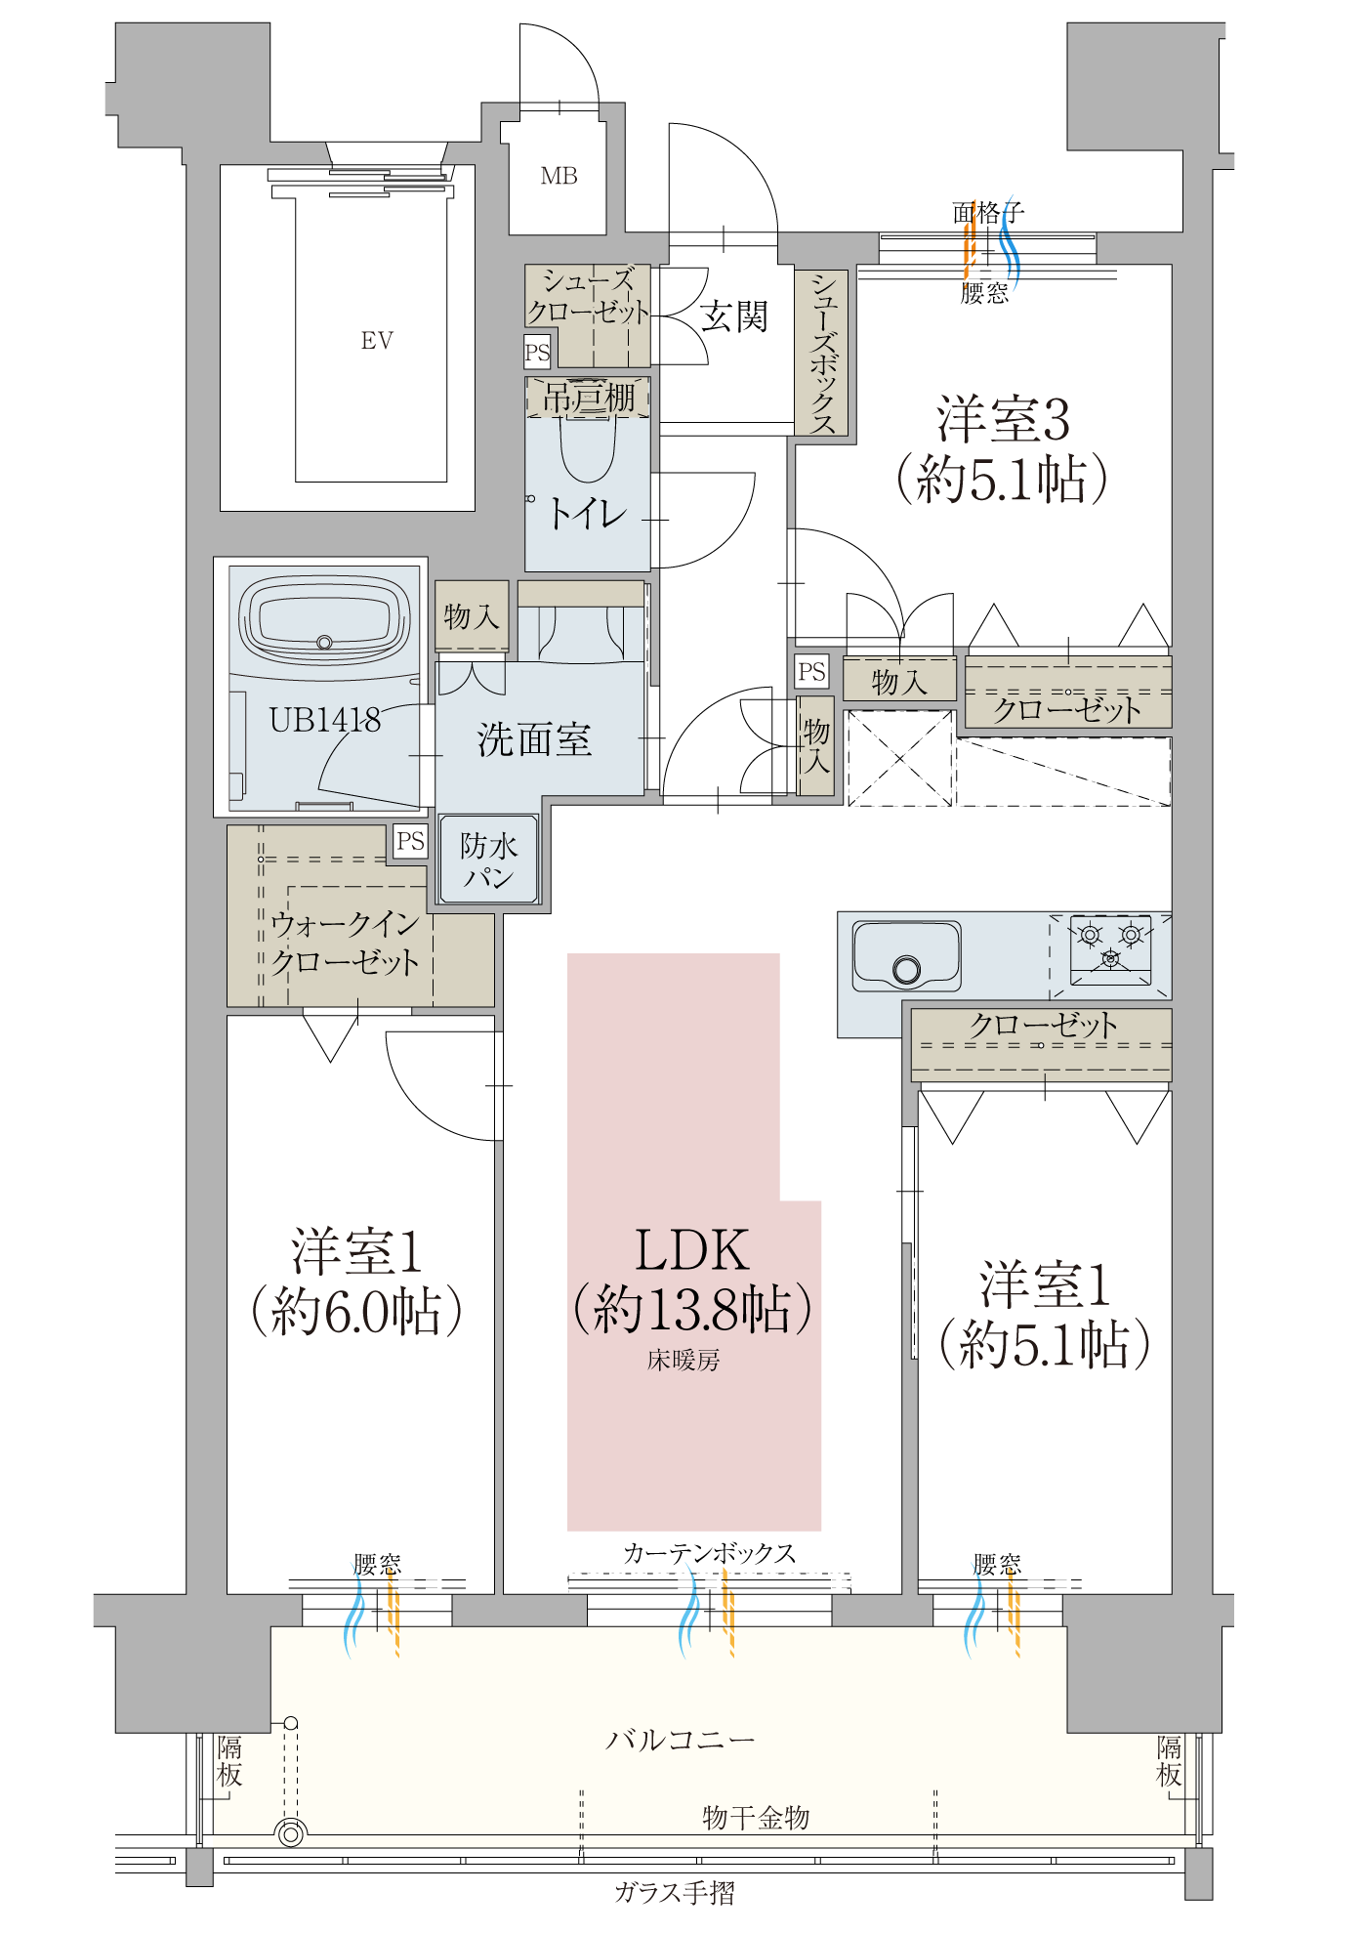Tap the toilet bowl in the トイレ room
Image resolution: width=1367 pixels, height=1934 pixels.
pyautogui.click(x=588, y=450)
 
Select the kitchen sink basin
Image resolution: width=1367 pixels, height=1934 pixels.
pyautogui.click(x=905, y=955)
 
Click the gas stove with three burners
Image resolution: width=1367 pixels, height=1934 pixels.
pyautogui.click(x=1110, y=948)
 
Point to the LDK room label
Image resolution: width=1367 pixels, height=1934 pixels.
pyautogui.click(x=691, y=1250)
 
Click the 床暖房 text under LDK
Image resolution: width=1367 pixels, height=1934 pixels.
pyautogui.click(x=683, y=1360)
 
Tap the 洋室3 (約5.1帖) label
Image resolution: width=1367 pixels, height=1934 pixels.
pyautogui.click(x=1003, y=449)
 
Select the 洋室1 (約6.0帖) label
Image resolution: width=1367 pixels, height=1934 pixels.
pyautogui.click(x=356, y=1282)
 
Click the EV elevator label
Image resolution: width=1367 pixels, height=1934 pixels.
pyautogui.click(x=377, y=341)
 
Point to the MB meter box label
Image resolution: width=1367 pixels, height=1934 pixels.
pyautogui.click(x=559, y=177)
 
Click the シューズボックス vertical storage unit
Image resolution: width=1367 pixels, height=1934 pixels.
pyautogui.click(x=821, y=353)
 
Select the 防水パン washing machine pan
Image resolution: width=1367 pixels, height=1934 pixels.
pyautogui.click(x=488, y=860)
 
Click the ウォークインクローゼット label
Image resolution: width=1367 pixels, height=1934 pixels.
pyautogui.click(x=345, y=943)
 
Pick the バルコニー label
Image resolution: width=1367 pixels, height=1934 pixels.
pyautogui.click(x=681, y=1740)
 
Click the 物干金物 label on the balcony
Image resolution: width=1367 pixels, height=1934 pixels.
pyautogui.click(x=756, y=1818)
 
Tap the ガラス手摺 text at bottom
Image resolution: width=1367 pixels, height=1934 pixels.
pyautogui.click(x=674, y=1893)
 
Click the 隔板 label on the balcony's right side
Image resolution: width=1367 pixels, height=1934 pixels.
pyautogui.click(x=1169, y=1761)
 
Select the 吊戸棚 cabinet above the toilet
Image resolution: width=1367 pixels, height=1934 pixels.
pyautogui.click(x=588, y=398)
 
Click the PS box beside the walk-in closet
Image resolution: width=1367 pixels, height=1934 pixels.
pyautogui.click(x=410, y=841)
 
